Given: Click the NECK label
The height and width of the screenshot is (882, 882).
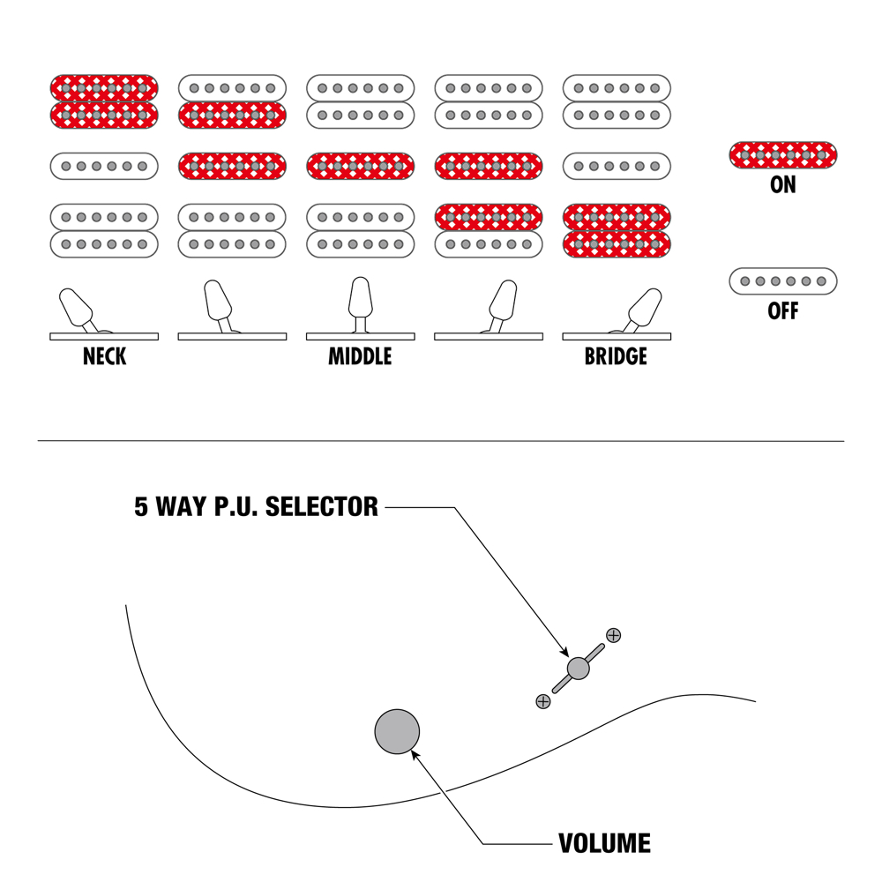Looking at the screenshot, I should [104, 357].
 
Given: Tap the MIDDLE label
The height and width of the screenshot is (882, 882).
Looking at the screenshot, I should [360, 357].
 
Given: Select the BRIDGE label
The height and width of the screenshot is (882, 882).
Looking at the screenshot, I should [616, 357].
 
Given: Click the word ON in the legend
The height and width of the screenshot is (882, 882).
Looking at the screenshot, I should [783, 185].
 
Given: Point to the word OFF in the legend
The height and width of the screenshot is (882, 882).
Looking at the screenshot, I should [783, 311].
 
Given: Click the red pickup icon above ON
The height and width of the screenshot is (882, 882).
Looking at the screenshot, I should [783, 155].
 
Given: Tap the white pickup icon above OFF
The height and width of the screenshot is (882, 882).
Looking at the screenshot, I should [783, 281].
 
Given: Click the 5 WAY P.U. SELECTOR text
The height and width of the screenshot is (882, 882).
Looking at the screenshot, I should [256, 507].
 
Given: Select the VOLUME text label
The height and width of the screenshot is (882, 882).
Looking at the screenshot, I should [605, 843].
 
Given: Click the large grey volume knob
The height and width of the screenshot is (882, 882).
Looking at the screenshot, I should [397, 731].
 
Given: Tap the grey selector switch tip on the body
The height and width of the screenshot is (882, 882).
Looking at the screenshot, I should [578, 668].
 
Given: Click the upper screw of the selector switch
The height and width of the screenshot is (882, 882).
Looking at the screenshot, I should [613, 634].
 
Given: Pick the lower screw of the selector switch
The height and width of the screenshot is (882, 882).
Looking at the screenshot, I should [543, 701].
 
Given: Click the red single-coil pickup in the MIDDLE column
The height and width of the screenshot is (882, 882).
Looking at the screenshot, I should [360, 166].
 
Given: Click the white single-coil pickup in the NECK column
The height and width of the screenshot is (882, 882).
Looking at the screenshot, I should [104, 166].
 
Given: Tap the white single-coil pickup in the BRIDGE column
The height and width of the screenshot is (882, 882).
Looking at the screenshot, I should [617, 166].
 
